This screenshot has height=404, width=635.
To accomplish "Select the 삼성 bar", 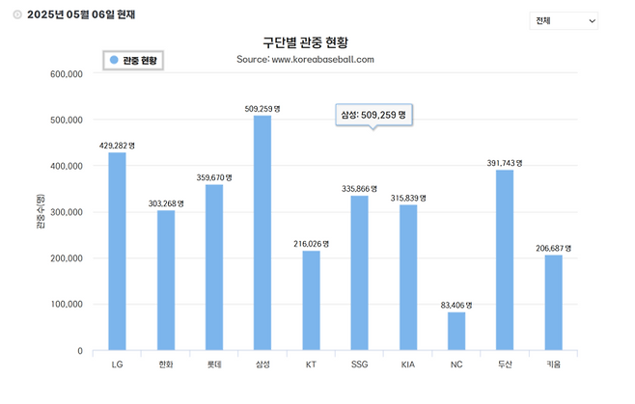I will tap(262, 232).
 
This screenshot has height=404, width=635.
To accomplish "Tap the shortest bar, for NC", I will tap(456, 331).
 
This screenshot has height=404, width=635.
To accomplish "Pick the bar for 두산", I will tap(504, 259).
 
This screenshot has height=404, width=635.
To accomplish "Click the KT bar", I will tap(311, 300).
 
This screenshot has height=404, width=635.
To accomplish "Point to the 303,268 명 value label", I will tap(166, 202).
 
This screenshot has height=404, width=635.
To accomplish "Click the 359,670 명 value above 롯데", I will tap(214, 177).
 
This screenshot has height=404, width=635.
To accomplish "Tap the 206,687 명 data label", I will tap(553, 248).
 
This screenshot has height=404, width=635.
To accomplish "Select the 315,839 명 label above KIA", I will tap(408, 198).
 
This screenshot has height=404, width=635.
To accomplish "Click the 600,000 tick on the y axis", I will tap(66, 73).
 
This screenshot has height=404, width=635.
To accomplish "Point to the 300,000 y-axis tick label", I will tap(66, 212).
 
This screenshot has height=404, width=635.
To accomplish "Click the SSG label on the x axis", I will tap(359, 365).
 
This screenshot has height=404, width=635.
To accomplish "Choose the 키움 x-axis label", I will tap(553, 365).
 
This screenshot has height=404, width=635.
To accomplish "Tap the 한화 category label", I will tap(166, 365).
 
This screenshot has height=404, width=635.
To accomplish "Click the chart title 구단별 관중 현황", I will tap(305, 43).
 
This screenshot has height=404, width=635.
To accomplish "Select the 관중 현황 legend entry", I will tap(135, 60).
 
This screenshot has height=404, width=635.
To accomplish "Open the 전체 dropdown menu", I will tap(564, 20).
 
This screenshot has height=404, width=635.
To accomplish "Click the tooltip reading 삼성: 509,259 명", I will tap(373, 115).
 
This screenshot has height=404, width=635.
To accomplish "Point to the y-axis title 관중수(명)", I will tap(40, 212).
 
